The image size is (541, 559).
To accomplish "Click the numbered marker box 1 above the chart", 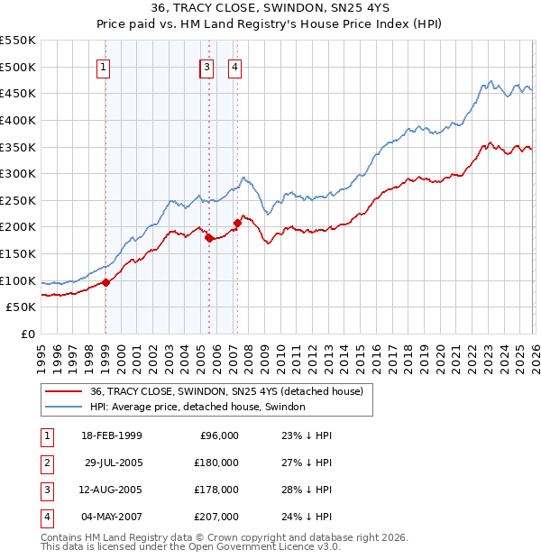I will [105, 66].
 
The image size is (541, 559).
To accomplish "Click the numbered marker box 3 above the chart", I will [207, 66].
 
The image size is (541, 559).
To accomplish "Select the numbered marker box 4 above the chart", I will [234, 66].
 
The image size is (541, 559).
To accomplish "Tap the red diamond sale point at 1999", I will [105, 282].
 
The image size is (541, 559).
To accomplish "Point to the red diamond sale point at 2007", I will [237, 223].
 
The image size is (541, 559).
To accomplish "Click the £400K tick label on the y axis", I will [18, 120].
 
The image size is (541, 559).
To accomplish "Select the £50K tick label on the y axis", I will [22, 307].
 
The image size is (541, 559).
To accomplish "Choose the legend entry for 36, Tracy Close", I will [225, 391].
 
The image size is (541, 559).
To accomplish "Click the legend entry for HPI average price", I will [197, 407].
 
